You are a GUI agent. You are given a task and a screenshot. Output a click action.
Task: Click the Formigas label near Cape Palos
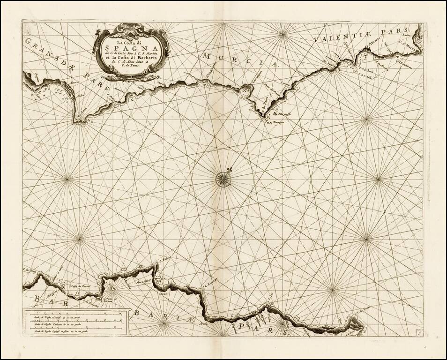[x=279, y=122]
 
